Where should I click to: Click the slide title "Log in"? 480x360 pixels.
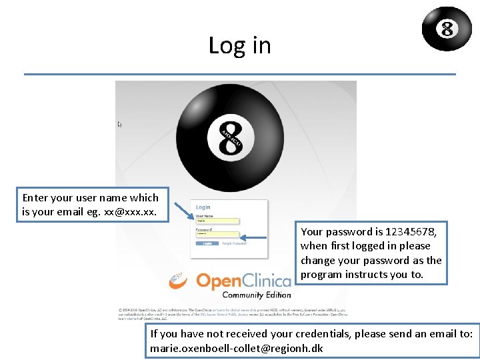239,45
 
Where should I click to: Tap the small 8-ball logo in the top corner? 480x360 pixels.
447,29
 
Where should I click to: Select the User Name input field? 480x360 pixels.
217,221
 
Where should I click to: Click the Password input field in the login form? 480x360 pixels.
217,235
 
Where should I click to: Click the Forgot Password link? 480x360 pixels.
234,243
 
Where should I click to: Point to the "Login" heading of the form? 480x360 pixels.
203,207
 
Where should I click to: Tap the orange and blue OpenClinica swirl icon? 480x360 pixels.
178,281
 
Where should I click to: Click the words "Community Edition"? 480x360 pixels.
256,295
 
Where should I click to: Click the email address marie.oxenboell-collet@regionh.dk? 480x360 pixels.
237,348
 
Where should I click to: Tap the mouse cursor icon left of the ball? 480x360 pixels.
120,124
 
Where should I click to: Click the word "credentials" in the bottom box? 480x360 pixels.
313,333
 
